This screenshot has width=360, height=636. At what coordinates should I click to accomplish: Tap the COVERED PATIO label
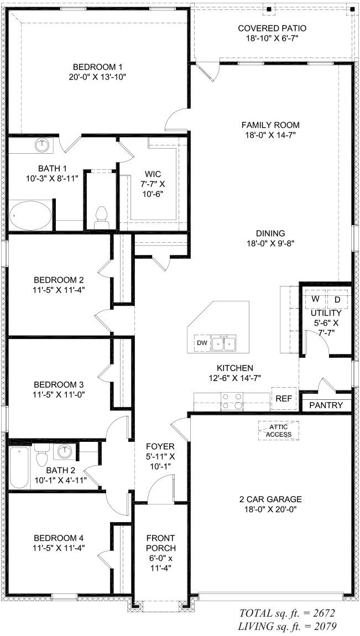(x=272, y=28)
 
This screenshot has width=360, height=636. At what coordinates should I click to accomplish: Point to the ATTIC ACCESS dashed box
(x=279, y=430)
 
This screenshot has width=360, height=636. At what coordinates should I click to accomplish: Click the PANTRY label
(x=326, y=405)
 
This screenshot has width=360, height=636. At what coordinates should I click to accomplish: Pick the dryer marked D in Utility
(x=337, y=299)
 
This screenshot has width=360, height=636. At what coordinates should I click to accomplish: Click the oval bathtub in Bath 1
(x=31, y=216)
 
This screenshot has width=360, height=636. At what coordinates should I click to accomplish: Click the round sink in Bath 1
(x=42, y=146)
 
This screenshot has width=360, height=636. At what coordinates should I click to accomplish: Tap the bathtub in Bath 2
(x=19, y=468)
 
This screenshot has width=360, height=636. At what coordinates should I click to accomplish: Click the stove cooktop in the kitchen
(x=232, y=401)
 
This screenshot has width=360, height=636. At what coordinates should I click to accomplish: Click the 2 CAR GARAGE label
(x=271, y=498)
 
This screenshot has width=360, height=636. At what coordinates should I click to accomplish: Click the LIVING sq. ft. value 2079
(x=321, y=626)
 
